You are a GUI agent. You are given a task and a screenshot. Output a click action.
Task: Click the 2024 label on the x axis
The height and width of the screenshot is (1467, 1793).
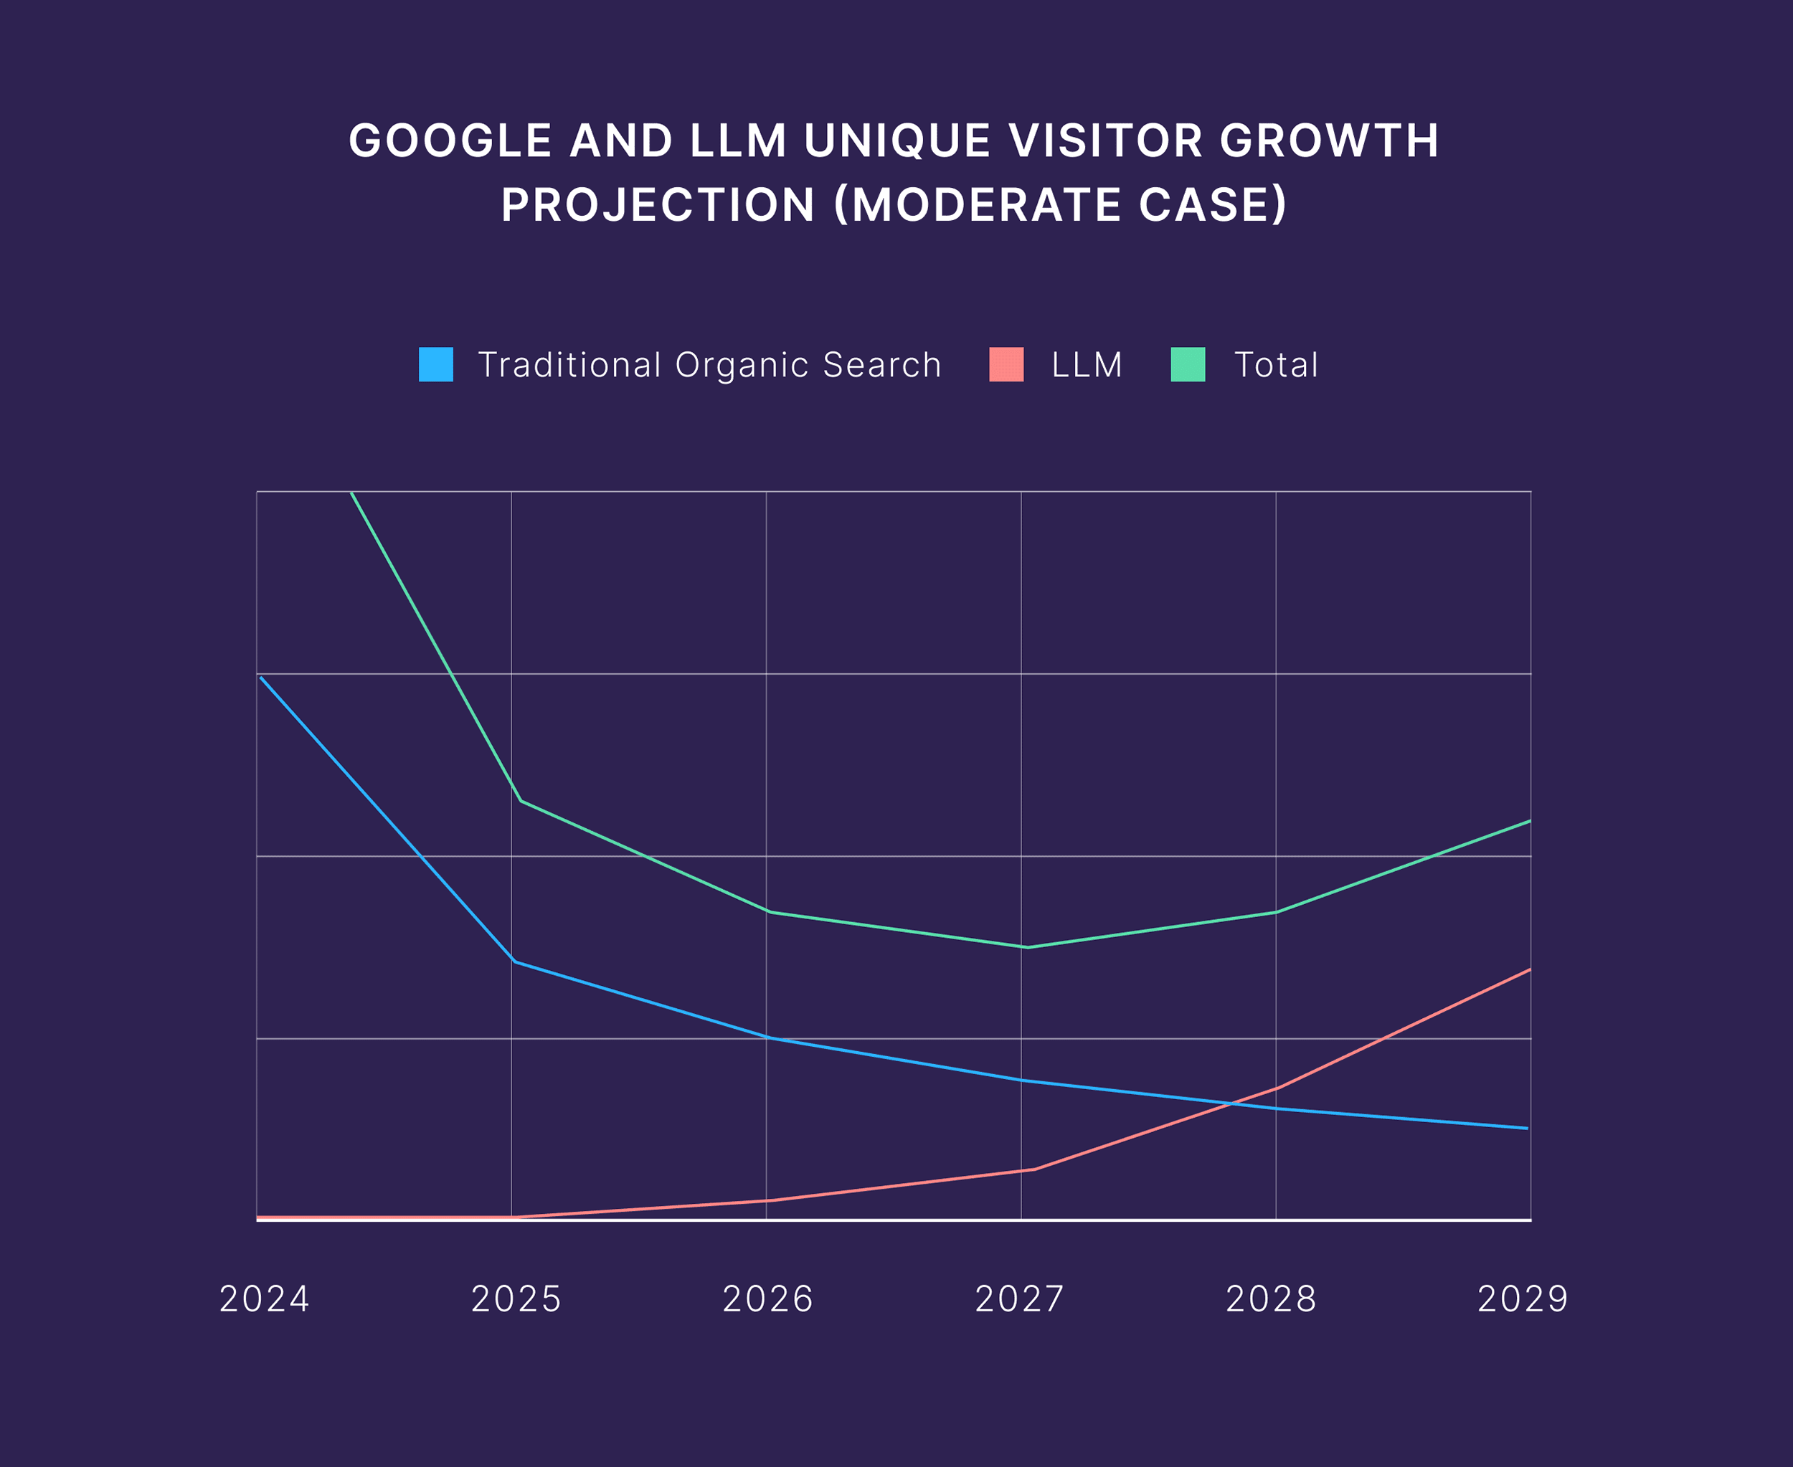pyautogui.click(x=265, y=1299)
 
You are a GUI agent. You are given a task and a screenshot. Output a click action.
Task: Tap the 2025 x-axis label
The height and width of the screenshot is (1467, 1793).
pyautogui.click(x=516, y=1299)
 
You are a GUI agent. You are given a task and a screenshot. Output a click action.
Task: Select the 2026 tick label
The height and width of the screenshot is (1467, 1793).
pyautogui.click(x=767, y=1299)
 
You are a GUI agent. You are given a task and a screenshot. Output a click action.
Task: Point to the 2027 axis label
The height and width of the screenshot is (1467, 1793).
pyautogui.click(x=1019, y=1299)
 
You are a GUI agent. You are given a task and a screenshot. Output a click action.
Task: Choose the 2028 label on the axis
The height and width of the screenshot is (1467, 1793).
pyautogui.click(x=1272, y=1299)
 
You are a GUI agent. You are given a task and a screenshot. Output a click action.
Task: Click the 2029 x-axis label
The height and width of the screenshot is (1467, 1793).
pyautogui.click(x=1523, y=1299)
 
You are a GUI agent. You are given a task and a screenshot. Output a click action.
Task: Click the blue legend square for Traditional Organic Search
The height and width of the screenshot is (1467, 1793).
pyautogui.click(x=435, y=364)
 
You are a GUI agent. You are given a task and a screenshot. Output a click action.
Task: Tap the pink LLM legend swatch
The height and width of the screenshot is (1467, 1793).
pyautogui.click(x=1006, y=364)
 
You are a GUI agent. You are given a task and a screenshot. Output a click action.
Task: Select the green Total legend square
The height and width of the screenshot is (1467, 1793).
pyautogui.click(x=1188, y=364)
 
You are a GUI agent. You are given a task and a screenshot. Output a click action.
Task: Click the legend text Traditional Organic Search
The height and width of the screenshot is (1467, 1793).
pyautogui.click(x=709, y=365)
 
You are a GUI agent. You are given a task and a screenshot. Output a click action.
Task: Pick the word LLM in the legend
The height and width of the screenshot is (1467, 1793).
pyautogui.click(x=1087, y=365)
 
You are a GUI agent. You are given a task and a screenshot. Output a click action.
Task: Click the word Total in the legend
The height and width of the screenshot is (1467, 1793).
pyautogui.click(x=1276, y=365)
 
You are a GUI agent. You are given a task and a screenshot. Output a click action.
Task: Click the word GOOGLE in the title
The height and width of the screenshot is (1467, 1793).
pyautogui.click(x=450, y=141)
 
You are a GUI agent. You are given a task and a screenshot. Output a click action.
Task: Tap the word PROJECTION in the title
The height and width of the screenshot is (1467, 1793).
pyautogui.click(x=658, y=205)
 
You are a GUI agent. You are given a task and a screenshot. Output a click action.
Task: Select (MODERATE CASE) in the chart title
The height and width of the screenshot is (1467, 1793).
pyautogui.click(x=1061, y=205)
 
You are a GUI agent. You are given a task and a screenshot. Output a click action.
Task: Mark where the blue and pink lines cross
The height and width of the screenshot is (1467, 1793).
pyautogui.click(x=1236, y=1103)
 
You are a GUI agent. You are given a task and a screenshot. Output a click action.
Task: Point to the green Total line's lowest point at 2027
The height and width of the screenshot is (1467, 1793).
pyautogui.click(x=1027, y=947)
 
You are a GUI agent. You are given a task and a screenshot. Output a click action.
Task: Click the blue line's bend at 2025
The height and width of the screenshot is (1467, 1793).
pyautogui.click(x=514, y=962)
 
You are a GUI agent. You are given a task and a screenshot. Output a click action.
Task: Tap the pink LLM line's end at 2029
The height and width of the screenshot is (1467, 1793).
pyautogui.click(x=1529, y=970)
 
